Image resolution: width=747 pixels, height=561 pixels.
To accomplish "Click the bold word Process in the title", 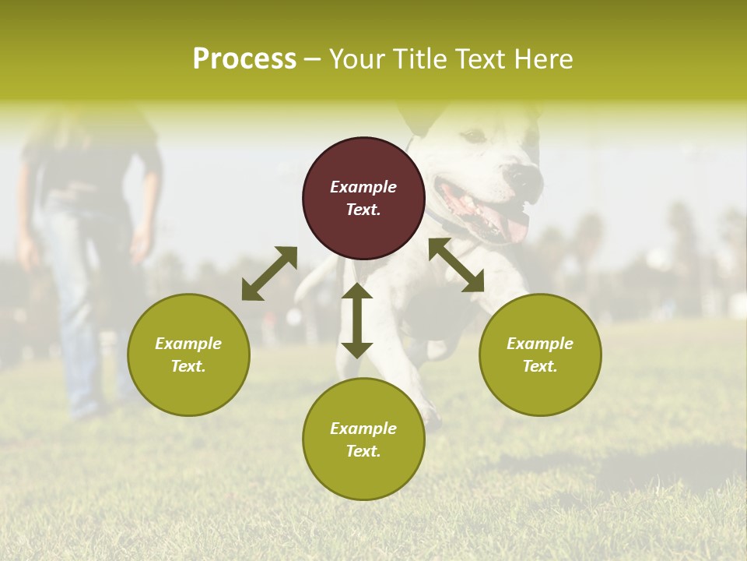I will (244, 59).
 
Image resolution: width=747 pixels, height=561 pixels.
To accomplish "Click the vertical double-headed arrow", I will (357, 320).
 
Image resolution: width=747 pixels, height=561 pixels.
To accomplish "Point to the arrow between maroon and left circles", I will (269, 273).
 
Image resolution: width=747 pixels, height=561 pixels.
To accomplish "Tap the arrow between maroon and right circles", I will (456, 266).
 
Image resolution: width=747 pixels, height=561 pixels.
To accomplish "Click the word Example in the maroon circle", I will (363, 187).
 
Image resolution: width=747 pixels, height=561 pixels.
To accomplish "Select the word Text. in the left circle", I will (188, 366).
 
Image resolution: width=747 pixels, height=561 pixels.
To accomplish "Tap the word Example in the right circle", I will (540, 344).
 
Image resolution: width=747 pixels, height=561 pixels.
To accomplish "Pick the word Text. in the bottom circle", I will (363, 451).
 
